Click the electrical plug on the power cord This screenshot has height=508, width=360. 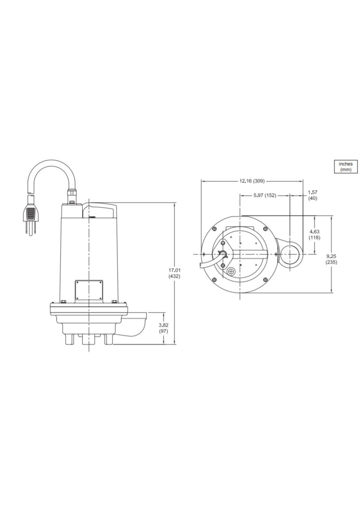click(x=30, y=215)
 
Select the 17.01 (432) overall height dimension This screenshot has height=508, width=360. click(x=174, y=273)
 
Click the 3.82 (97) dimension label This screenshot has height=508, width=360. click(x=163, y=328)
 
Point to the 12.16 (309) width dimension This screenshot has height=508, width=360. click(x=252, y=181)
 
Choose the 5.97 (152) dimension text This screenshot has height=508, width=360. click(x=265, y=195)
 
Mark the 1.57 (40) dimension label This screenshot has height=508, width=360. click(x=312, y=195)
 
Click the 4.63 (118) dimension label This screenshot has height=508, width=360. click(x=314, y=235)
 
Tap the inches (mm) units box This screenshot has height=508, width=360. click(x=346, y=167)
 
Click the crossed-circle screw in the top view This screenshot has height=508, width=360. click(x=232, y=272)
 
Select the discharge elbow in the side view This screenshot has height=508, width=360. click(x=136, y=325)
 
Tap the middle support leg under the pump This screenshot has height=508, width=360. click(x=88, y=341)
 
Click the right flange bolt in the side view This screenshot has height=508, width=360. click(x=114, y=301)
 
